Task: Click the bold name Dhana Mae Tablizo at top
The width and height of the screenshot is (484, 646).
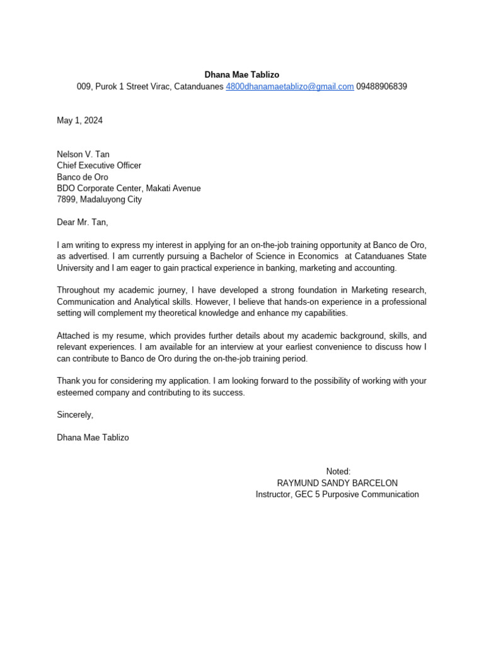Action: [241, 74]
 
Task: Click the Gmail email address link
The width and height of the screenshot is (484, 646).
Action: [289, 86]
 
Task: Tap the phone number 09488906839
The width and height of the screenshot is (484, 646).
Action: [381, 86]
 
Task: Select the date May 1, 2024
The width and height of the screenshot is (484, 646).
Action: [79, 120]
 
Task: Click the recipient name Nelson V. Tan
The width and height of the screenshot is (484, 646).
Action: [83, 154]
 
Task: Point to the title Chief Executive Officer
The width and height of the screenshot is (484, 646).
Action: [99, 165]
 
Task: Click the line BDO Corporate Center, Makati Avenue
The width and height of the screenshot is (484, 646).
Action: [129, 188]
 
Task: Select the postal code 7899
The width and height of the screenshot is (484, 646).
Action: [66, 199]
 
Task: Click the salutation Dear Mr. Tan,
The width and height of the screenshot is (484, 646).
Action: [83, 222]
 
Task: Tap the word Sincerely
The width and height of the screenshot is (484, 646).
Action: [74, 414]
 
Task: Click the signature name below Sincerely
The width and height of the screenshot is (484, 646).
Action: [93, 437]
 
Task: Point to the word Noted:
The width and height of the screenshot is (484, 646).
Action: [338, 471]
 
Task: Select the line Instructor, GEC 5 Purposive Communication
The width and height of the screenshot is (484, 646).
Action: [337, 494]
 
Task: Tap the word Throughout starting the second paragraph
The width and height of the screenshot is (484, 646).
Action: [78, 290]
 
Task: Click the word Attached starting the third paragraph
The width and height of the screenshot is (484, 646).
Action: [74, 336]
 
